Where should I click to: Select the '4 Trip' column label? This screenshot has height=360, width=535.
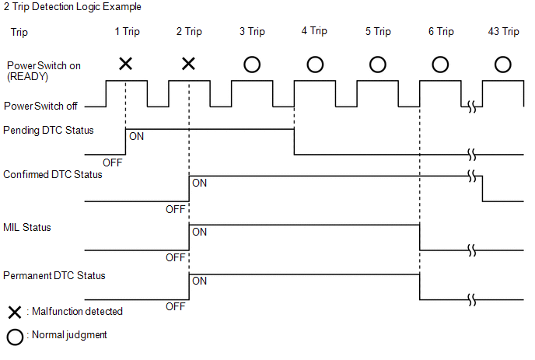(x=314, y=32)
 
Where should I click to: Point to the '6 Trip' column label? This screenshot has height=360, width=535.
(x=440, y=32)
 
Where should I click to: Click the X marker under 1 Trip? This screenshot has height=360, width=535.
(x=125, y=64)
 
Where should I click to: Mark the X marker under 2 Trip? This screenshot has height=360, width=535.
(x=188, y=64)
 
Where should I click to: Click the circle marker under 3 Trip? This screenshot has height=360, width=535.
(x=251, y=65)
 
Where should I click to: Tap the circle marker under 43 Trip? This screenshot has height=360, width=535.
(x=502, y=65)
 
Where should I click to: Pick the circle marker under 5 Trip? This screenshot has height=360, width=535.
(x=377, y=65)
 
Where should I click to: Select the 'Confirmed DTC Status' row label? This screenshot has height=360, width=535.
(x=53, y=175)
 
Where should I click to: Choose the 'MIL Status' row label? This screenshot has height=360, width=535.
(x=28, y=228)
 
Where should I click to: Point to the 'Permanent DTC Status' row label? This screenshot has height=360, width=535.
(x=54, y=276)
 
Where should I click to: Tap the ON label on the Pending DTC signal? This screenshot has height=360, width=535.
(x=136, y=136)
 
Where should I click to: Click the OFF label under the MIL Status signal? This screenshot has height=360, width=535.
(x=176, y=257)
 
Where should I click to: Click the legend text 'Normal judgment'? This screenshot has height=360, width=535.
(x=68, y=336)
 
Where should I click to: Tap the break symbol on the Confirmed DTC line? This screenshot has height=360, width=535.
(x=471, y=176)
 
